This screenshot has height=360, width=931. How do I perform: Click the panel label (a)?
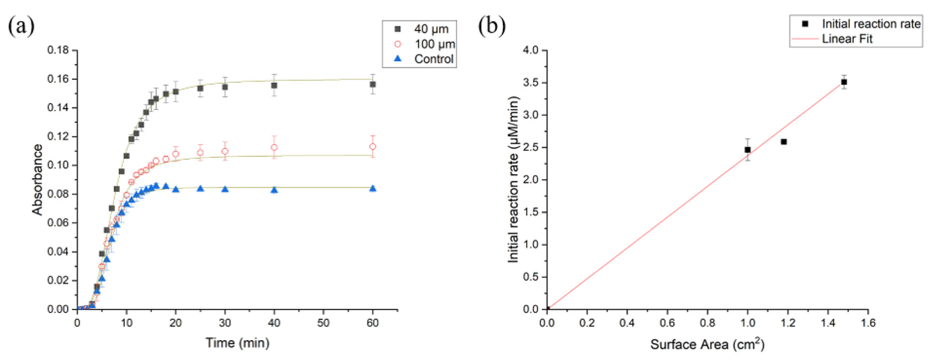pyautogui.click(x=21, y=26)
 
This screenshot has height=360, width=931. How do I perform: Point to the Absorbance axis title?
pyautogui.click(x=37, y=180)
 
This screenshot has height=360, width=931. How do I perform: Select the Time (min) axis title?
pyautogui.click(x=238, y=343)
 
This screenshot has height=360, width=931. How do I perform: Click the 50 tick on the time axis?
pyautogui.click(x=323, y=323)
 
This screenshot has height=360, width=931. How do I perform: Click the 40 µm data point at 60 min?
pyautogui.click(x=373, y=84)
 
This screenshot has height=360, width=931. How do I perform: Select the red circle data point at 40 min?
pyautogui.click(x=274, y=147)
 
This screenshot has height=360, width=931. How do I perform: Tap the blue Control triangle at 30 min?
pyautogui.click(x=225, y=189)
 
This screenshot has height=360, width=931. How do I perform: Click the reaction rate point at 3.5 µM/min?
pyautogui.click(x=844, y=82)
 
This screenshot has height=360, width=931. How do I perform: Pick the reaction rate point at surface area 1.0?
pyautogui.click(x=747, y=150)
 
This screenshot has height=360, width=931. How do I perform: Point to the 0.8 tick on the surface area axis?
pyautogui.click(x=707, y=323)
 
